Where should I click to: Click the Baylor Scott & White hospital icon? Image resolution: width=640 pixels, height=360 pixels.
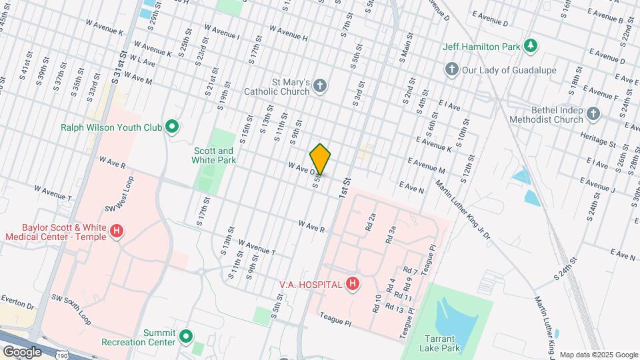pos(117,231)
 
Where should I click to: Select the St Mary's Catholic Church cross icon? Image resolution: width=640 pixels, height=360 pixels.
pos(321,85)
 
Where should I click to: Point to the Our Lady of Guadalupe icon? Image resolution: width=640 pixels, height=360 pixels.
pos(451,70)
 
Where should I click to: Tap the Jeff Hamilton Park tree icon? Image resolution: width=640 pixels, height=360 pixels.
pos(531,46)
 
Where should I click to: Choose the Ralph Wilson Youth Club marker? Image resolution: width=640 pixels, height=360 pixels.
pos(172,126)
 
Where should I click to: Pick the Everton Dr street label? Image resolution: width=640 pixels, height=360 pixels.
pos(17,302)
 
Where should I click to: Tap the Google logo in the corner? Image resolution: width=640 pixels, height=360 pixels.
pos(21,351)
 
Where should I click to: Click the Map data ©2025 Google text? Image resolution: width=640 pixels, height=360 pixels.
pos(598,355)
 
